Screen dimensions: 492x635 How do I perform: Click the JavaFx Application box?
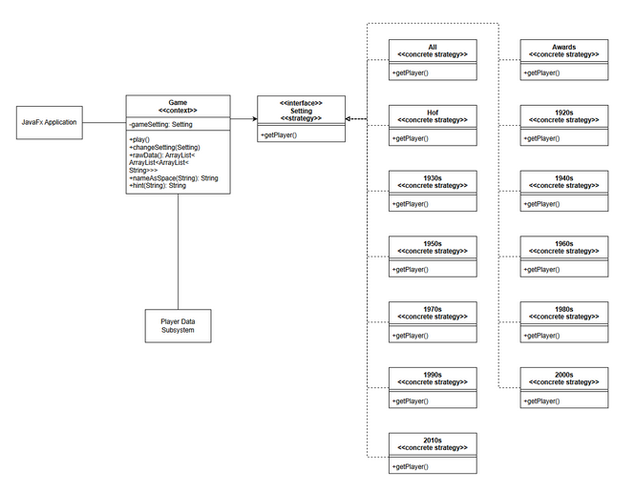point(49,122)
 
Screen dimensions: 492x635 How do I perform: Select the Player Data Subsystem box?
point(178,325)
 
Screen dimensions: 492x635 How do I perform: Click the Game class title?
point(178,106)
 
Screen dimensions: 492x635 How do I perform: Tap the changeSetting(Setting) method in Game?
point(164,148)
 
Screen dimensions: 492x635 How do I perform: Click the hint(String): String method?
point(158,186)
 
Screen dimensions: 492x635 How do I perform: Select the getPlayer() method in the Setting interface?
point(278,135)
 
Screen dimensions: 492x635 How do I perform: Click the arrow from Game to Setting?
point(243,119)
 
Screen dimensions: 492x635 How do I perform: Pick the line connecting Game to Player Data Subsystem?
point(179,251)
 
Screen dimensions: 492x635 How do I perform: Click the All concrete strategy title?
point(433,51)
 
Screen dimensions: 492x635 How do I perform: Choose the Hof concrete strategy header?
point(433,116)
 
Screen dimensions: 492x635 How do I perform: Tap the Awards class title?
point(563,51)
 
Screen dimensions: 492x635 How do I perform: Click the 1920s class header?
point(563,116)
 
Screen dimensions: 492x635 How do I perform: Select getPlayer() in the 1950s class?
point(410,270)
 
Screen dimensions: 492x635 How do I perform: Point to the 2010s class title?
point(433,443)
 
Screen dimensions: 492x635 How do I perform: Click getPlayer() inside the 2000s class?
point(541,401)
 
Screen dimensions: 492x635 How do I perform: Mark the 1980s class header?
point(563,313)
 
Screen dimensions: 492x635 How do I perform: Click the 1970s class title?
point(433,313)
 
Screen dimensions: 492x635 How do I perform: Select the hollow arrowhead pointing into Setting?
point(349,119)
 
